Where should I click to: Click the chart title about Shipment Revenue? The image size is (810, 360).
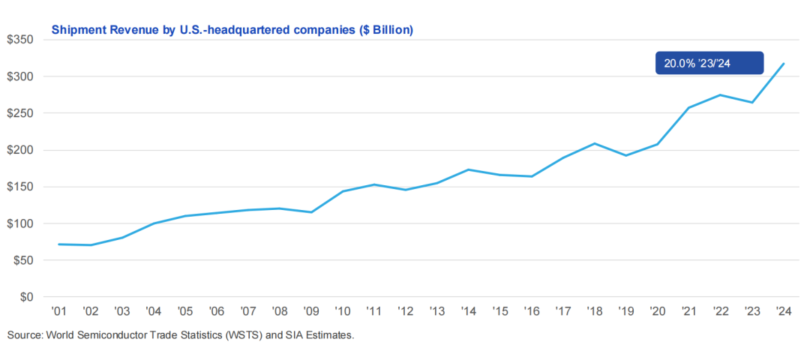[232, 30]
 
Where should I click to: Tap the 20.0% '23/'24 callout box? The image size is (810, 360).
[709, 63]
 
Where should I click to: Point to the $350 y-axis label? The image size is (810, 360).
[21, 40]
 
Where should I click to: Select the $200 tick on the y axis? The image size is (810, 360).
[21, 150]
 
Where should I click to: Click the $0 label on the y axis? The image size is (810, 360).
[26, 297]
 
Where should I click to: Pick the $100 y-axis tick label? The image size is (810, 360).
[21, 223]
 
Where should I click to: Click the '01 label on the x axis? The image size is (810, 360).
[59, 311]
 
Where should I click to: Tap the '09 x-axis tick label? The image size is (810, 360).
[311, 311]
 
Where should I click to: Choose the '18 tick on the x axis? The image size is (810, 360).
[595, 311]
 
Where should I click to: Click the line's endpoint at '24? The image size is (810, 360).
[784, 64]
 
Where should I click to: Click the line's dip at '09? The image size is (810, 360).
[311, 212]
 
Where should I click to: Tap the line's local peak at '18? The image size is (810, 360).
[595, 143]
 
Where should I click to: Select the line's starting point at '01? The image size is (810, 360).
[59, 244]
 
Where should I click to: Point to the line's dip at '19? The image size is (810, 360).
[626, 155]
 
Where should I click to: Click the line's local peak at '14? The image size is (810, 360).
[469, 169]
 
